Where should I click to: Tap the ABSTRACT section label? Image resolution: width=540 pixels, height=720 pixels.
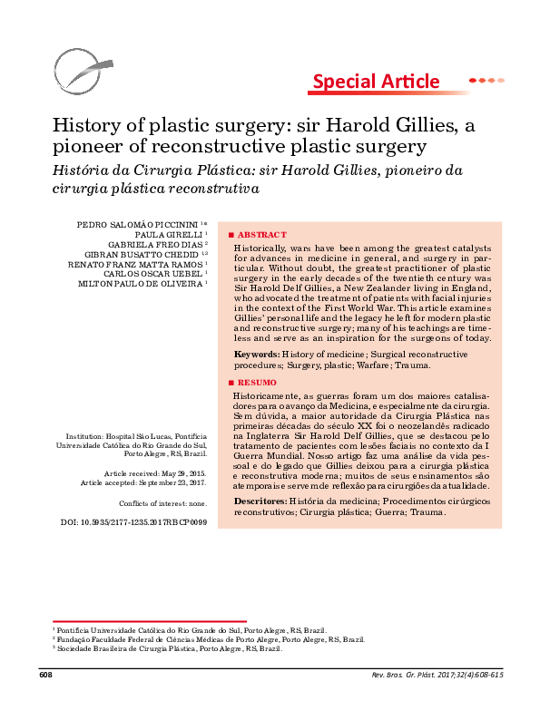click(x=262, y=234)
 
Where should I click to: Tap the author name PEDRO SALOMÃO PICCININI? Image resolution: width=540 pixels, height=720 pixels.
click(x=143, y=223)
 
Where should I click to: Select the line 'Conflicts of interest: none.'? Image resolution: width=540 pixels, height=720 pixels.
click(x=162, y=502)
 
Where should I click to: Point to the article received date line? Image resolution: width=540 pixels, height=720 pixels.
click(x=155, y=474)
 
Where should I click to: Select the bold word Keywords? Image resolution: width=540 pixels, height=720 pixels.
click(x=255, y=354)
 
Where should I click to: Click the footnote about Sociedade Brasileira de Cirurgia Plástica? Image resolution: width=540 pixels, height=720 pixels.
click(x=167, y=649)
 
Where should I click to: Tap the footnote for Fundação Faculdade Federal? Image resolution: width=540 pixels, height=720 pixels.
click(x=209, y=639)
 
